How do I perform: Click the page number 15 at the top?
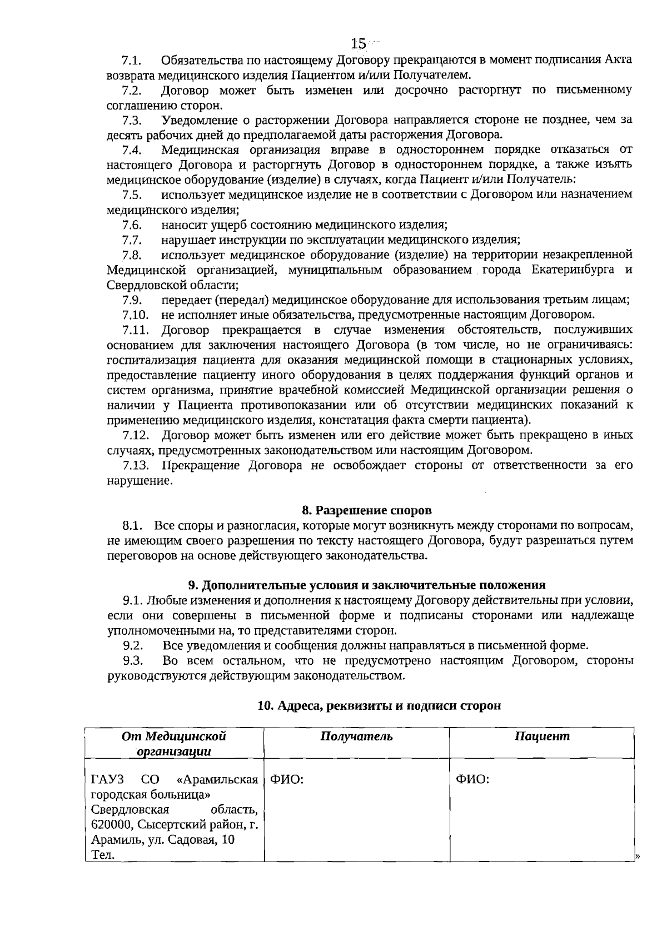tap(359, 43)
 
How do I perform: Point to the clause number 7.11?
tap(136, 330)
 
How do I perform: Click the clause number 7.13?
tap(136, 465)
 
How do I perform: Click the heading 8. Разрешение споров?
tap(366, 510)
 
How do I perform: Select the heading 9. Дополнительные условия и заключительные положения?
tap(367, 585)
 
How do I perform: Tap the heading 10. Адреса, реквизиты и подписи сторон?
tap(379, 706)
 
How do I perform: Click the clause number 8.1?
tap(133, 525)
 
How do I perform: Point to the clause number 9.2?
tap(133, 645)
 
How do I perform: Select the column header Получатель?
tap(356, 736)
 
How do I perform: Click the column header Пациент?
tap(542, 736)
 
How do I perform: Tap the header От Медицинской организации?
tap(174, 744)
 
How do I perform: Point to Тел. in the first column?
tap(103, 855)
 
